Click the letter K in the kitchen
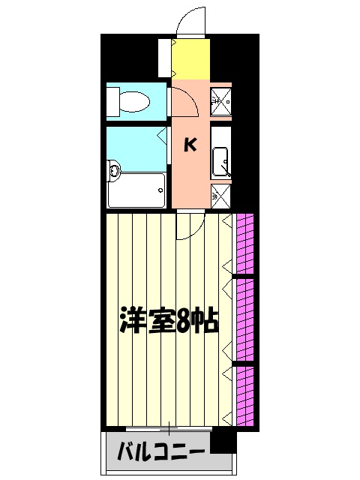click(190, 145)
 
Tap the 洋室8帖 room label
click(169, 321)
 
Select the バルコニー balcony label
click(161, 452)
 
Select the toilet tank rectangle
click(113, 100)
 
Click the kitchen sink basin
click(220, 160)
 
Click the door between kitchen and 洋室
click(192, 225)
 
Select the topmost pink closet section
click(245, 244)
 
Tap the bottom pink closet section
click(245, 394)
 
